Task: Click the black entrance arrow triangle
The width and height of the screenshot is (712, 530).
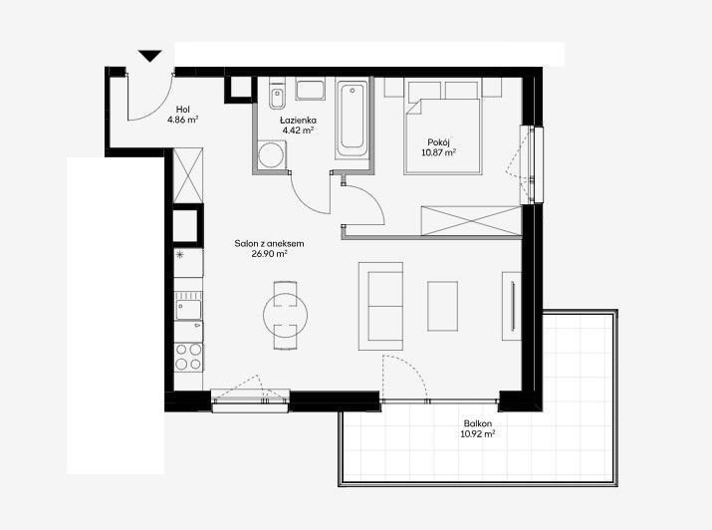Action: click(150, 56)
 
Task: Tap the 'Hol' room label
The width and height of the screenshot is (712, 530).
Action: click(183, 110)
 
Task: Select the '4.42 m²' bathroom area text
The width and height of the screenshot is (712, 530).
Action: click(298, 131)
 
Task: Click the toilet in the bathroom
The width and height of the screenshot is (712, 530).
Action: click(277, 95)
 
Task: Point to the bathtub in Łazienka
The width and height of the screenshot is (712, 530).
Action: click(352, 119)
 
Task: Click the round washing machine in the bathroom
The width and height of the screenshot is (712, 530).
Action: click(272, 154)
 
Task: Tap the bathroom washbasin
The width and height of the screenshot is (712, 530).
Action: click(310, 89)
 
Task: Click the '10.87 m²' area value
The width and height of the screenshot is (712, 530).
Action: click(438, 152)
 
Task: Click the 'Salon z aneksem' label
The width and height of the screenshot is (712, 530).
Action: click(269, 243)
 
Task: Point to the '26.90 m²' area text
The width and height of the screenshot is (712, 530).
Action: click(269, 254)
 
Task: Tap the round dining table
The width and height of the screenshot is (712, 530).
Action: click(286, 315)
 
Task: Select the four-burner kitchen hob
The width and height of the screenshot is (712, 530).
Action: click(189, 357)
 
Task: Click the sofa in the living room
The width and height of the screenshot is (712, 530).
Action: click(380, 306)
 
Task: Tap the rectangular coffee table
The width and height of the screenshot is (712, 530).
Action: click(442, 306)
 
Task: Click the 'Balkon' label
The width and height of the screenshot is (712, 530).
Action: click(478, 423)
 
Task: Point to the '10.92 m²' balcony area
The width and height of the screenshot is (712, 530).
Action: click(478, 434)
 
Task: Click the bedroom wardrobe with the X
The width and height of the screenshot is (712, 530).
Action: click(471, 221)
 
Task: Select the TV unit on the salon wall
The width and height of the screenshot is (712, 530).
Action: click(511, 306)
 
